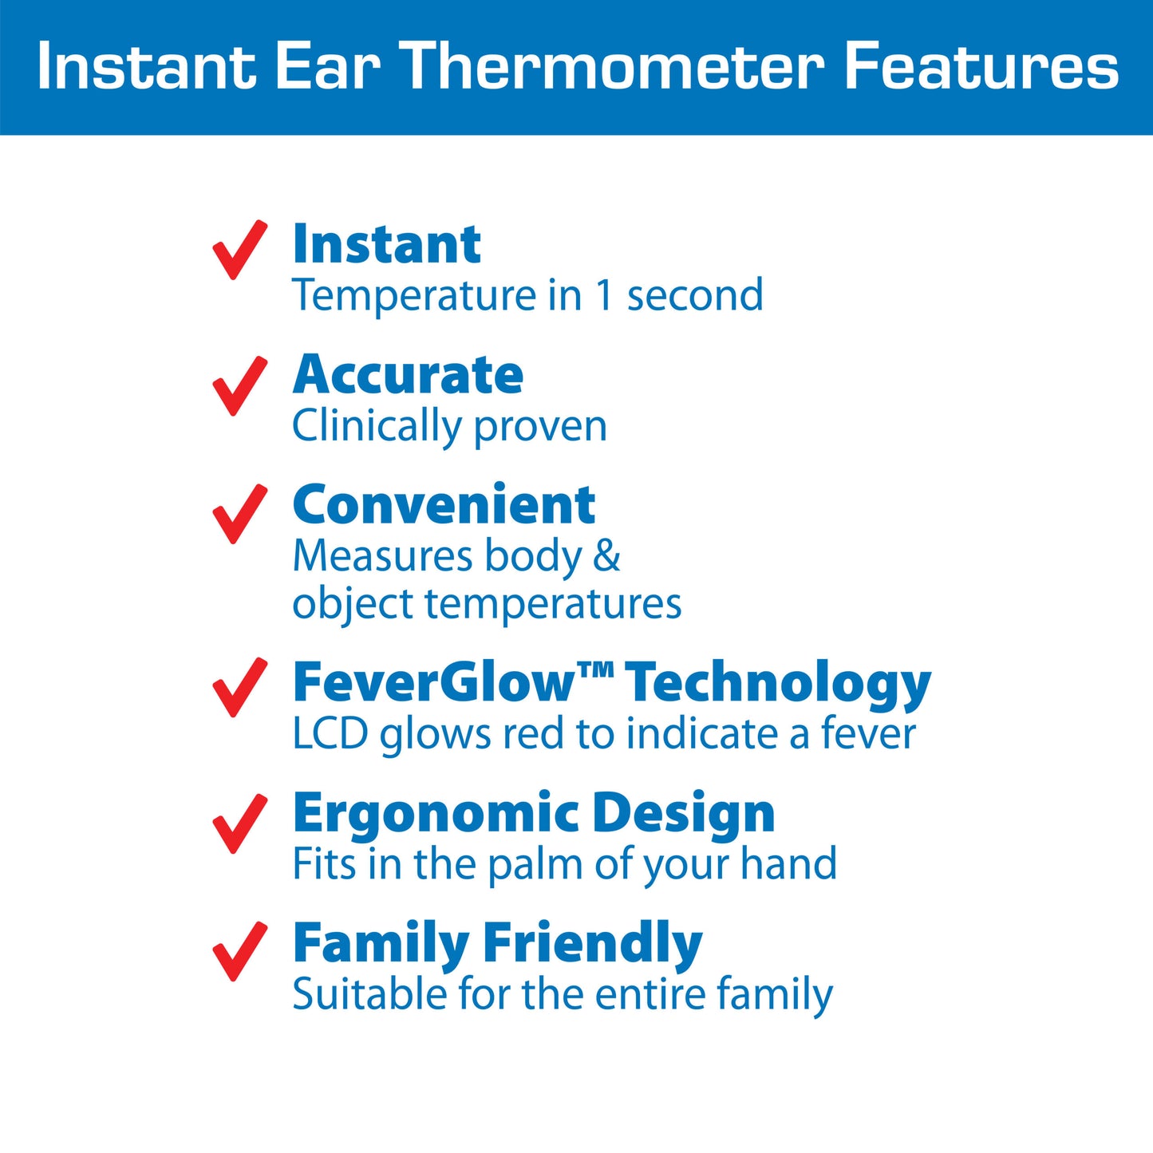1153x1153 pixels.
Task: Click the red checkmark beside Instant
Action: (239, 250)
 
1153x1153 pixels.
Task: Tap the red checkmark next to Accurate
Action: (239, 386)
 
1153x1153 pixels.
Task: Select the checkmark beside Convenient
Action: (239, 514)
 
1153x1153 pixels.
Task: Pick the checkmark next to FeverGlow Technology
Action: (239, 687)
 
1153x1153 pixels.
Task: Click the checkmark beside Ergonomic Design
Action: (239, 823)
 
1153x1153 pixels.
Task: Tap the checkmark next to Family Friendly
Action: (239, 951)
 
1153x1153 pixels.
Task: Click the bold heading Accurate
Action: (408, 374)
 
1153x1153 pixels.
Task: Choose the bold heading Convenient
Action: (444, 503)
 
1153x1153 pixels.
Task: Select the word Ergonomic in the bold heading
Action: (436, 815)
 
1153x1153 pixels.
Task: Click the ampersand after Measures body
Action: (606, 555)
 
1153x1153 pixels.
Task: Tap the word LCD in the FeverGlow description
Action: (330, 733)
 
